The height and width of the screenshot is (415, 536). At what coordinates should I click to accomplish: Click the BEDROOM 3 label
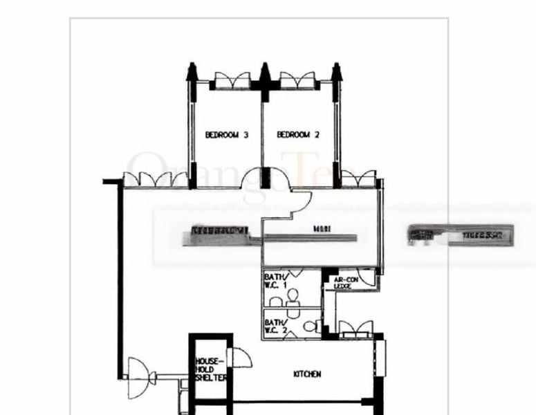click(x=226, y=136)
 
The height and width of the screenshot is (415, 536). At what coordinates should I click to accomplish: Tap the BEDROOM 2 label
click(x=297, y=136)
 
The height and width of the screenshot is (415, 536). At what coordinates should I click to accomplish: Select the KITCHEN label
click(x=307, y=374)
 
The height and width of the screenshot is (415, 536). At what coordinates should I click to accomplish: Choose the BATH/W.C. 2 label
click(x=275, y=326)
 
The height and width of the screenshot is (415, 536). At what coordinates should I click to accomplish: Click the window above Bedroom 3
click(x=232, y=80)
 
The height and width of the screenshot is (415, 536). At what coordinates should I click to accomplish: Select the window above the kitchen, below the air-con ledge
click(x=355, y=327)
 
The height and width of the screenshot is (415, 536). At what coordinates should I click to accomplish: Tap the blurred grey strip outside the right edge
click(x=461, y=235)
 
